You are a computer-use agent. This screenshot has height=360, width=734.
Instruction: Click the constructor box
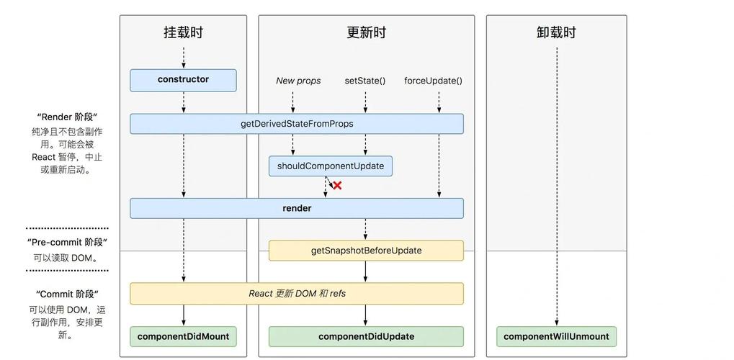[183, 80]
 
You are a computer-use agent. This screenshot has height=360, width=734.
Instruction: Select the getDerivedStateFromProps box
[296, 124]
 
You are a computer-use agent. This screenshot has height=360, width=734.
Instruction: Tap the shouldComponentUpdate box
[331, 166]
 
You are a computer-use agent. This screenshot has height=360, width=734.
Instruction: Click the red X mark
[336, 186]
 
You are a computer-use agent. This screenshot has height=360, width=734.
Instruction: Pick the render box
[296, 208]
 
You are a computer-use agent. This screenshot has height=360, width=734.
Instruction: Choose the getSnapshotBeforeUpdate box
[366, 251]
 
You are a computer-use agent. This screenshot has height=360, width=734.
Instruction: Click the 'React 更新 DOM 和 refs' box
[296, 293]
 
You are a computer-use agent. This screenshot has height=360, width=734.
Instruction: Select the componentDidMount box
[183, 336]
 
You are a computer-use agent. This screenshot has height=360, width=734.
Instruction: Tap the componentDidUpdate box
[366, 336]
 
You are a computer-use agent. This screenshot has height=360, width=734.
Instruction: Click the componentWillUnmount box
[556, 336]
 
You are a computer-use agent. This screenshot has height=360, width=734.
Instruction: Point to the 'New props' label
[298, 81]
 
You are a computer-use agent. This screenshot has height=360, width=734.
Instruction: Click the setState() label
[365, 81]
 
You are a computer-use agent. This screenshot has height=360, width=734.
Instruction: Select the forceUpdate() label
[433, 81]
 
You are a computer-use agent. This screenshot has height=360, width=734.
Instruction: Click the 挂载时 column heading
[183, 32]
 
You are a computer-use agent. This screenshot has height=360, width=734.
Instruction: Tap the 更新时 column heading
[366, 32]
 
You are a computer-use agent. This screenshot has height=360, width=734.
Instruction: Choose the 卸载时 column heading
[556, 32]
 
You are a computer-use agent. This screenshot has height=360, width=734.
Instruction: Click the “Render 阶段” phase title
[67, 117]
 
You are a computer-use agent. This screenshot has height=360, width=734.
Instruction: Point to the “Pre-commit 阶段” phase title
[67, 243]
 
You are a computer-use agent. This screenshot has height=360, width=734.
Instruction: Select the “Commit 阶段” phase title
[67, 294]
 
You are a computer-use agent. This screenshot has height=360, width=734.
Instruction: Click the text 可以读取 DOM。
[67, 258]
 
